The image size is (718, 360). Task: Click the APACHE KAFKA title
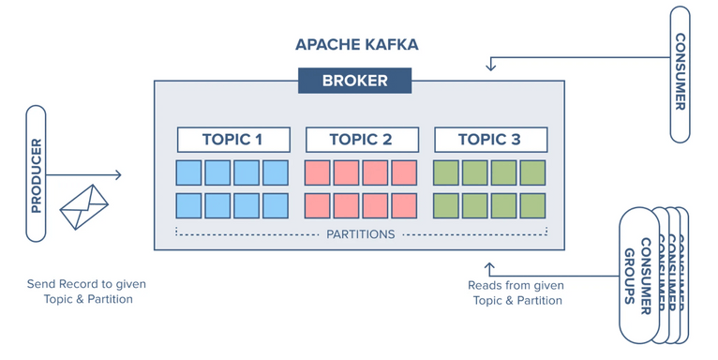coord(356,45)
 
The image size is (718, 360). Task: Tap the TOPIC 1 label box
coord(232,140)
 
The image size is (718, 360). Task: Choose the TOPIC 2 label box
coord(361,140)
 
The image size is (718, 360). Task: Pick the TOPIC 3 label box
coord(489,140)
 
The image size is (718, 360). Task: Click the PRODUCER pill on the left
coord(36,174)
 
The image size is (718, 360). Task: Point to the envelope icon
coord(83,207)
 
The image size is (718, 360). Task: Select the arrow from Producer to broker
coord(84,175)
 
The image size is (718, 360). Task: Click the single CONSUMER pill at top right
coord(680,73)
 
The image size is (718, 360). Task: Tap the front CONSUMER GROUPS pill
coord(637,275)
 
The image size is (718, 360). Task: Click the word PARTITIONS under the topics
coord(361,233)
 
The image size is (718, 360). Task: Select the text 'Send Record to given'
coord(86,284)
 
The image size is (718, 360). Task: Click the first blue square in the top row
coord(188,172)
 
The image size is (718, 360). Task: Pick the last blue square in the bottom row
coord(276,206)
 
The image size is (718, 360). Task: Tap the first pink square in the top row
coord(318,172)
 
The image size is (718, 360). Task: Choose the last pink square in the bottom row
coord(404,206)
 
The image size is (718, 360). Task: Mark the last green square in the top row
coord(532,172)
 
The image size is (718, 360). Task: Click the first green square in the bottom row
coord(446,206)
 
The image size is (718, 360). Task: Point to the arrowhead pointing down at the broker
coord(490,67)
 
